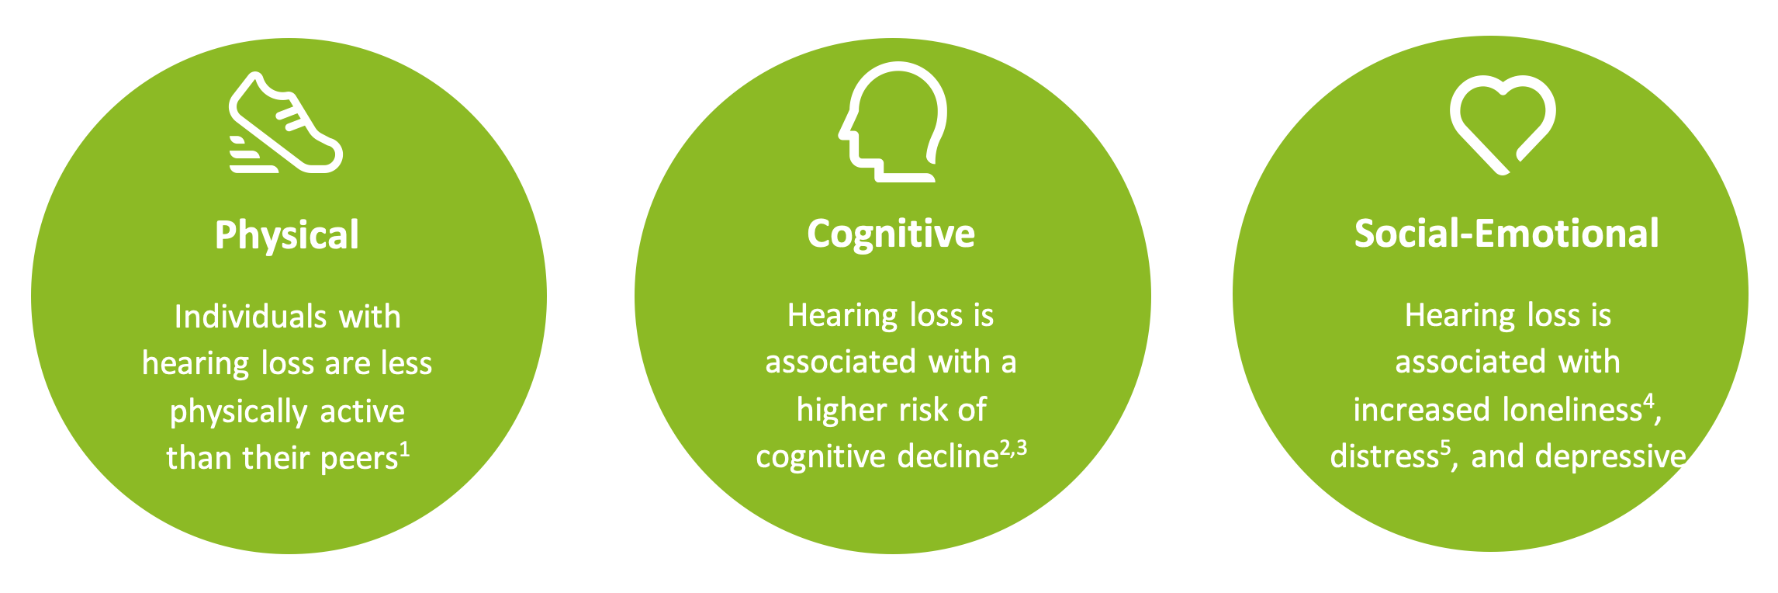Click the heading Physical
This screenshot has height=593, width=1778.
coord(287,235)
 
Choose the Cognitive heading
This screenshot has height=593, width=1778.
coord(891,233)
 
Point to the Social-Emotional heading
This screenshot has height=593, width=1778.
coord(1506,233)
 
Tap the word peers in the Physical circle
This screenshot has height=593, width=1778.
coord(359,459)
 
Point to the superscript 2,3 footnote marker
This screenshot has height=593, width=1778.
coord(1013,448)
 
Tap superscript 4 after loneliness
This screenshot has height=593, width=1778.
coord(1649,401)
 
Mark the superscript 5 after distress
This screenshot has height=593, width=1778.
coord(1445,449)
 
